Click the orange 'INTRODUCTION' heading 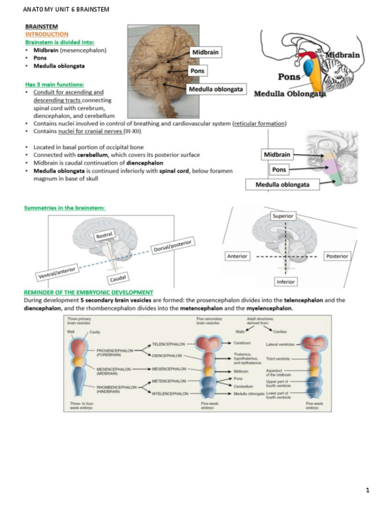point(47,35)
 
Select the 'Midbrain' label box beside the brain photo point(205,53)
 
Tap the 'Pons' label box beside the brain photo point(197,71)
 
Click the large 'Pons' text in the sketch point(289,77)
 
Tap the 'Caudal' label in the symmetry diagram point(117,279)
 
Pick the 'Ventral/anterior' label point(58,273)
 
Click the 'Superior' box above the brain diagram point(282,216)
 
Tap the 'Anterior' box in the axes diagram point(237,256)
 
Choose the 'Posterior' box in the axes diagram point(336,256)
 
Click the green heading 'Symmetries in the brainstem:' point(65,207)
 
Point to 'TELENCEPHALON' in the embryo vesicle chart point(170,344)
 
